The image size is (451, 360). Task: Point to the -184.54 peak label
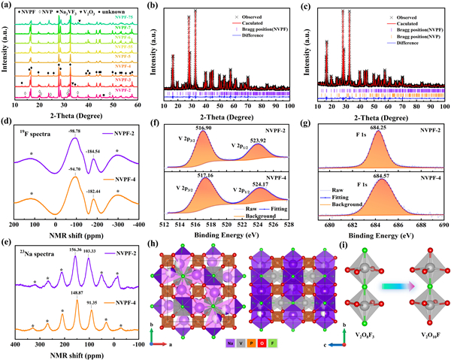[94, 151]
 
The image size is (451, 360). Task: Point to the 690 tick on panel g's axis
[443, 223]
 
